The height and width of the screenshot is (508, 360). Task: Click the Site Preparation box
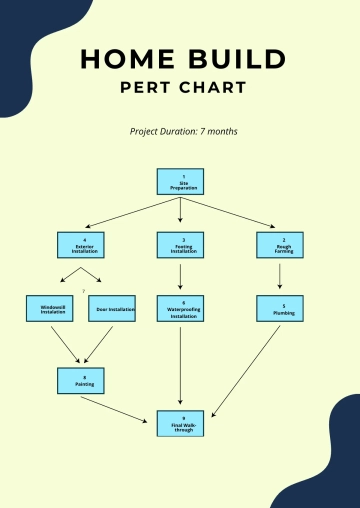pyautogui.click(x=180, y=181)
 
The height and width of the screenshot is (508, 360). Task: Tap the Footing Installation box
pyautogui.click(x=180, y=245)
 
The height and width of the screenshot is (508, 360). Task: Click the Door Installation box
pyautogui.click(x=112, y=308)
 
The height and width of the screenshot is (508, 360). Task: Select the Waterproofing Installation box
pyautogui.click(x=180, y=308)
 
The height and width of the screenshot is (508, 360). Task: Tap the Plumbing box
pyautogui.click(x=279, y=308)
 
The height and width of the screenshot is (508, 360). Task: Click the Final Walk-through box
pyautogui.click(x=180, y=422)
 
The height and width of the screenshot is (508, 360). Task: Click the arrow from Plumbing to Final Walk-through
pyautogui.click(x=246, y=370)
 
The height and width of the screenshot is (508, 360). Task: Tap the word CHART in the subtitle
pyautogui.click(x=213, y=87)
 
